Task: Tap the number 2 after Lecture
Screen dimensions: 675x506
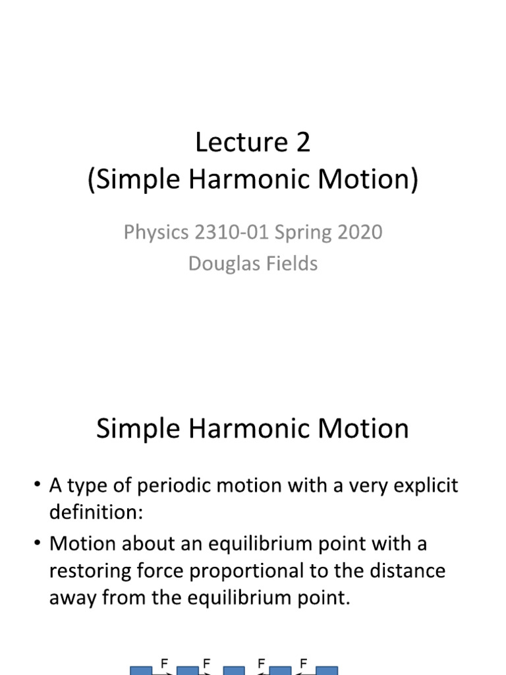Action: pos(302,142)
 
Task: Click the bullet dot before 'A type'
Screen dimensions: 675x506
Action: pos(36,487)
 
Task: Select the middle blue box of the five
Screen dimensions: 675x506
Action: pos(234,670)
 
